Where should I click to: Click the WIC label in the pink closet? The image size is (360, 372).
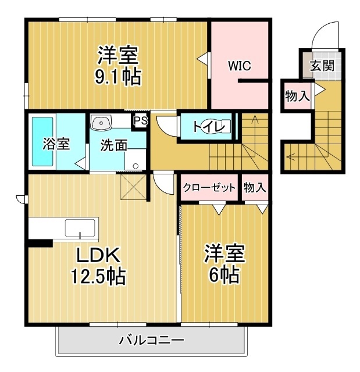(239, 66)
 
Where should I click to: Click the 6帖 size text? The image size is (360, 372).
(224, 275)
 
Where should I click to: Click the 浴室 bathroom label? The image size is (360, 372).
(56, 144)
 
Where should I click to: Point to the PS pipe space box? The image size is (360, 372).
(140, 120)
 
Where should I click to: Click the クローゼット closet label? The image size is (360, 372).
(209, 187)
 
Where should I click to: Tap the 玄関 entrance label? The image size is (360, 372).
(321, 65)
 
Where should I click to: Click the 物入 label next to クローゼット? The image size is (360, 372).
(255, 187)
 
